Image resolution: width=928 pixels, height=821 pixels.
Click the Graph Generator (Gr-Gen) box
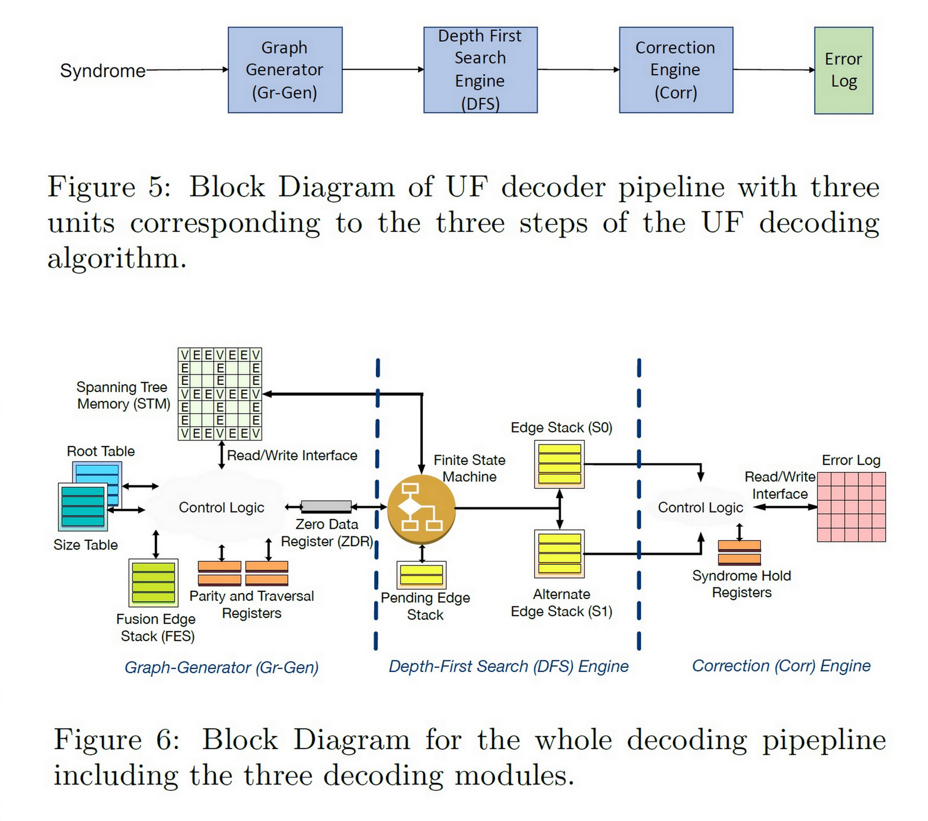(x=285, y=70)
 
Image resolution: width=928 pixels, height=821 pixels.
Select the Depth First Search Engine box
(x=480, y=70)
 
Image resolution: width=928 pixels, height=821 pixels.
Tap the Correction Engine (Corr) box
(x=676, y=70)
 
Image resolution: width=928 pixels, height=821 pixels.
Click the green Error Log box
(x=843, y=70)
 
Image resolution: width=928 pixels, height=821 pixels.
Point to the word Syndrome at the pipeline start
(x=103, y=71)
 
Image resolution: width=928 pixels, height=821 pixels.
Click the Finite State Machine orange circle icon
(x=421, y=509)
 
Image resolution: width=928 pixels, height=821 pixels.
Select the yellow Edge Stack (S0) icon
(x=559, y=464)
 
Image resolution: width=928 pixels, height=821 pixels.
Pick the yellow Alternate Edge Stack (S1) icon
(x=559, y=554)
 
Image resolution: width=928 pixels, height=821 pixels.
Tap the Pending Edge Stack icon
(x=422, y=575)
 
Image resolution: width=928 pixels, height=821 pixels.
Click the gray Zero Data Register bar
(x=327, y=507)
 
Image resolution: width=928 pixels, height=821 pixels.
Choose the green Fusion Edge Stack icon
(x=153, y=583)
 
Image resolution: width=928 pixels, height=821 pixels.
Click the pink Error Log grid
(x=851, y=507)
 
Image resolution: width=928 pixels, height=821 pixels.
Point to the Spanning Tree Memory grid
(x=220, y=394)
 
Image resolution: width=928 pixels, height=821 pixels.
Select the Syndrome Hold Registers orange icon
(x=739, y=553)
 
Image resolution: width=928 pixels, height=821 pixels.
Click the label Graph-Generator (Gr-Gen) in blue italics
(x=222, y=667)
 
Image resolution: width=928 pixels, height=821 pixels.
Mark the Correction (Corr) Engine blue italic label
(x=781, y=666)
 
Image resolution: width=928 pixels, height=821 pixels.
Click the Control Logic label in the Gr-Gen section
(x=221, y=508)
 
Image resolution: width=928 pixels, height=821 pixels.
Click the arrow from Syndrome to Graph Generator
(x=187, y=70)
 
